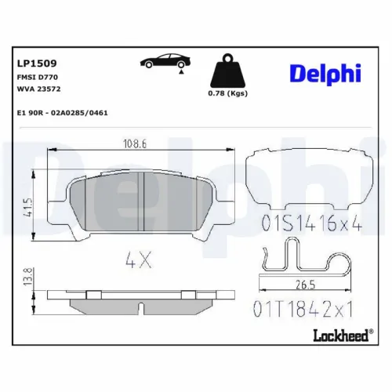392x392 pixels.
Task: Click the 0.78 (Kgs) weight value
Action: click(228, 94)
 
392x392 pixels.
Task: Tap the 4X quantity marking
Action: click(139, 260)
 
